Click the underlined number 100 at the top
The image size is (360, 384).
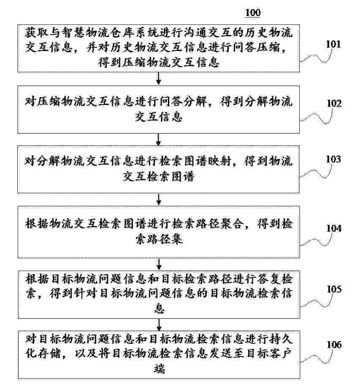coord(252,13)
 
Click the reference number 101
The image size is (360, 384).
coord(333,44)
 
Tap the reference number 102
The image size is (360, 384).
coord(334,103)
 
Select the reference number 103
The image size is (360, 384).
coord(333,159)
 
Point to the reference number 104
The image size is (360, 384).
coord(334,228)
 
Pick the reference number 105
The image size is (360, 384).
coord(334,289)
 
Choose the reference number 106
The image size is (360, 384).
coord(334,344)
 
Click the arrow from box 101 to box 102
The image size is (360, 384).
coord(159,78)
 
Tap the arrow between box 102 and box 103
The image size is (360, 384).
coord(159,140)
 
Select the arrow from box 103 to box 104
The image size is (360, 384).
coord(159,199)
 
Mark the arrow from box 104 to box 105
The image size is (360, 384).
coord(159,264)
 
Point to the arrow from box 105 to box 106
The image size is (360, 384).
coord(159,325)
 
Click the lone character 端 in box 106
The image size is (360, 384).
coord(159,369)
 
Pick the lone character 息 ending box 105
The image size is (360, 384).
coord(159,308)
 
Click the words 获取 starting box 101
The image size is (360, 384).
coord(36,32)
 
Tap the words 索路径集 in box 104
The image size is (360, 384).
coord(159,239)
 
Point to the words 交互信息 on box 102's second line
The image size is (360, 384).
coord(159,117)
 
